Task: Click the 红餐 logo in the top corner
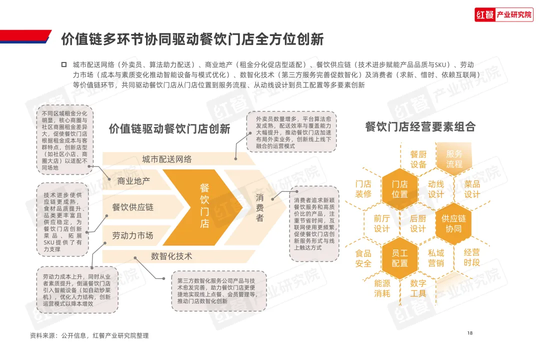(x=503, y=15)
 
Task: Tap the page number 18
(x=469, y=333)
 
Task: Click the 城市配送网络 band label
(x=166, y=159)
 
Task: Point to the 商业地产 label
(x=133, y=181)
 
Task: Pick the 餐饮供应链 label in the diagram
(x=133, y=207)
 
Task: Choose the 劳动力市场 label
(x=132, y=235)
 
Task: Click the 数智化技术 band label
(x=171, y=256)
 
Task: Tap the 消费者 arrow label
(x=260, y=207)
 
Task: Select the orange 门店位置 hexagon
(x=399, y=189)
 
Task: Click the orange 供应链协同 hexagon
(x=453, y=223)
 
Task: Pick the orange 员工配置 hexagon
(x=399, y=258)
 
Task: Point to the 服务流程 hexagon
(x=454, y=159)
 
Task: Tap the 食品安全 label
(x=363, y=258)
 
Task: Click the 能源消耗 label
(x=382, y=288)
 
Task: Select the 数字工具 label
(x=418, y=288)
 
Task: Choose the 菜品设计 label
(x=472, y=189)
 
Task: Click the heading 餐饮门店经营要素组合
(x=420, y=126)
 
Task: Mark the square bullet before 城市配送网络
(x=63, y=65)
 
